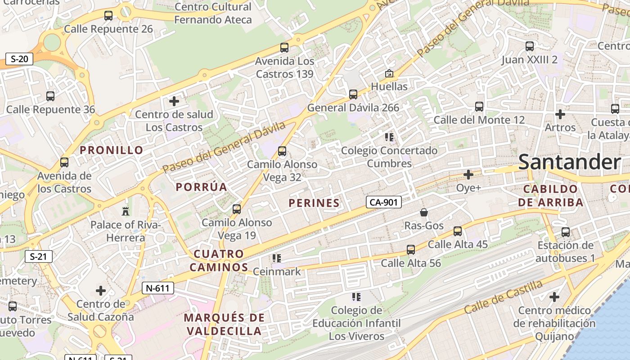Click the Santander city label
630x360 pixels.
tap(569, 162)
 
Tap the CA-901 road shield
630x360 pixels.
tap(383, 202)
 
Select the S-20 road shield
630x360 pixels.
tap(19, 58)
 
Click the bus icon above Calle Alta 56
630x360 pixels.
tap(410, 249)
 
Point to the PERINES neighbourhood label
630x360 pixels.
tap(314, 203)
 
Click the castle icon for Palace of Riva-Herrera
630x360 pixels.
tap(126, 211)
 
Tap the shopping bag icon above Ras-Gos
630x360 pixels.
tap(423, 212)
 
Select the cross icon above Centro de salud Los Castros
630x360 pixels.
tap(174, 101)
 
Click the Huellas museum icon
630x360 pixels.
tap(389, 73)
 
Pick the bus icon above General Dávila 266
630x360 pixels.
tap(353, 94)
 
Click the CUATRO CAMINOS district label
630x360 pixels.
tap(219, 261)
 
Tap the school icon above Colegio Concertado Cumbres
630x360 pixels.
tap(389, 137)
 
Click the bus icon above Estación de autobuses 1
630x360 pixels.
tap(566, 232)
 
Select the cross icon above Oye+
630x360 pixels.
tap(468, 174)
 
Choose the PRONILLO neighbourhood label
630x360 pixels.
tap(112, 150)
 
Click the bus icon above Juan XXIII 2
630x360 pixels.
tap(530, 46)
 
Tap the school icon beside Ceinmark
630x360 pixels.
tap(277, 258)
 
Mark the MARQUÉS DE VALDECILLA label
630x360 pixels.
tap(224, 324)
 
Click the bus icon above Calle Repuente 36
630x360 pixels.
tap(50, 96)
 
